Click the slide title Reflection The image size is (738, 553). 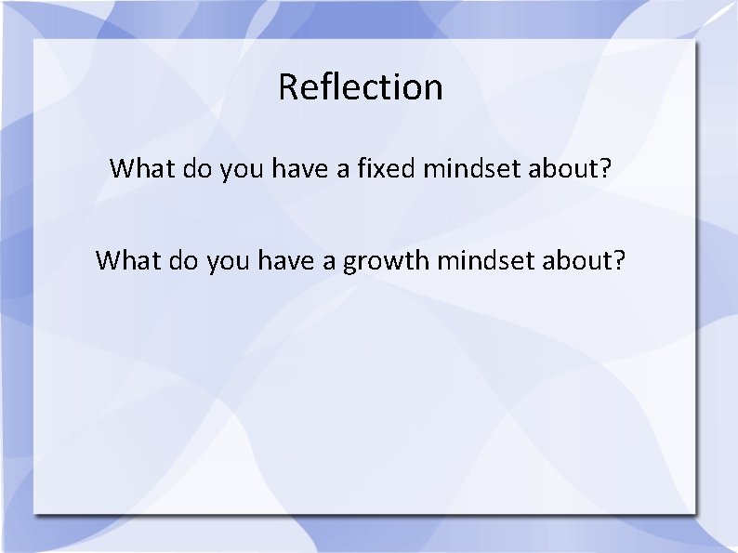pos(361,87)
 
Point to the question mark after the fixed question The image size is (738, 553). pos(606,169)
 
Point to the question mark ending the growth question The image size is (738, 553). pos(620,260)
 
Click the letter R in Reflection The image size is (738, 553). pos(288,87)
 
